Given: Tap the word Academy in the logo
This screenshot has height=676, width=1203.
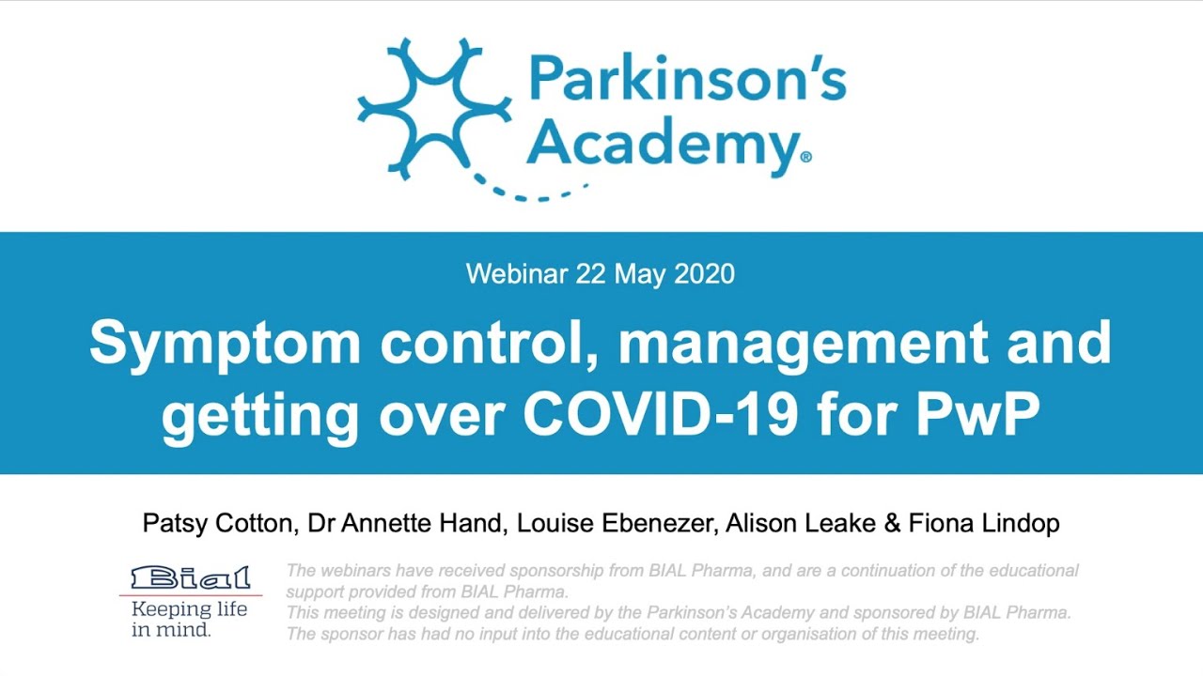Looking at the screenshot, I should tap(662, 144).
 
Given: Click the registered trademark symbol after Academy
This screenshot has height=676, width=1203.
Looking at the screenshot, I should tap(805, 159).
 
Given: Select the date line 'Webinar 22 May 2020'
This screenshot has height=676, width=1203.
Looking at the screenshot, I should tap(601, 274).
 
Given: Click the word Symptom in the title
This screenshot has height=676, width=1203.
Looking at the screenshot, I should tap(225, 344).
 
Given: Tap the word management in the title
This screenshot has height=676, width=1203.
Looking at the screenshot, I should tap(803, 344).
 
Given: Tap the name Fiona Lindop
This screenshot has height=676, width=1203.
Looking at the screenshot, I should tap(984, 523).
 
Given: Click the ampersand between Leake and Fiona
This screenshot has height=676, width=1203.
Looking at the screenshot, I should tap(892, 523).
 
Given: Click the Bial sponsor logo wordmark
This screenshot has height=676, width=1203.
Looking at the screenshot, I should tap(191, 576).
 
